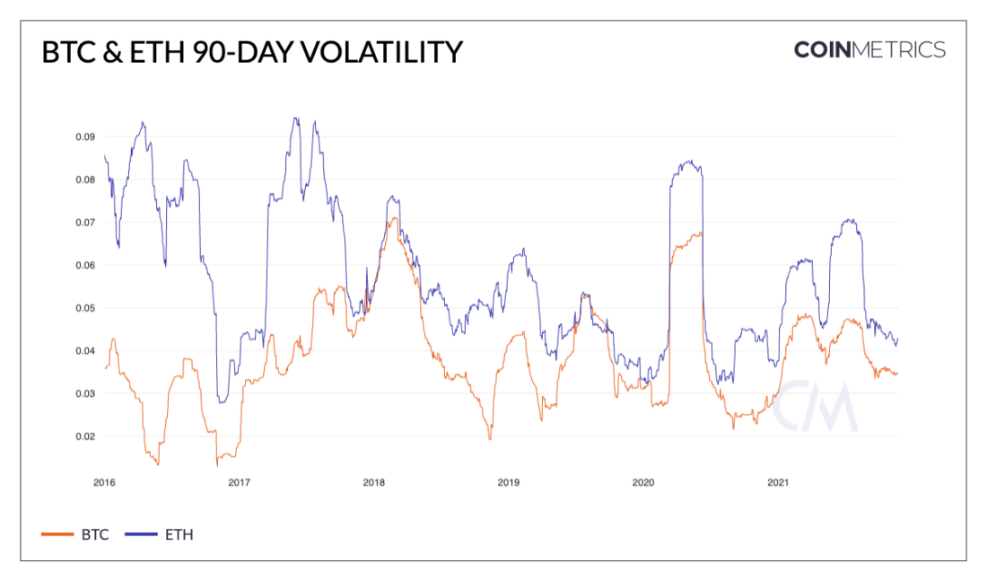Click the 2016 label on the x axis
click(x=105, y=482)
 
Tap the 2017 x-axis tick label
click(x=240, y=482)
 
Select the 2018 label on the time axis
click(x=374, y=482)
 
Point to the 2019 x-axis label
click(x=509, y=482)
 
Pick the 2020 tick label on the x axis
click(x=643, y=482)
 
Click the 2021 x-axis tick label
click(x=778, y=482)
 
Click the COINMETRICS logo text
click(x=869, y=49)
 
